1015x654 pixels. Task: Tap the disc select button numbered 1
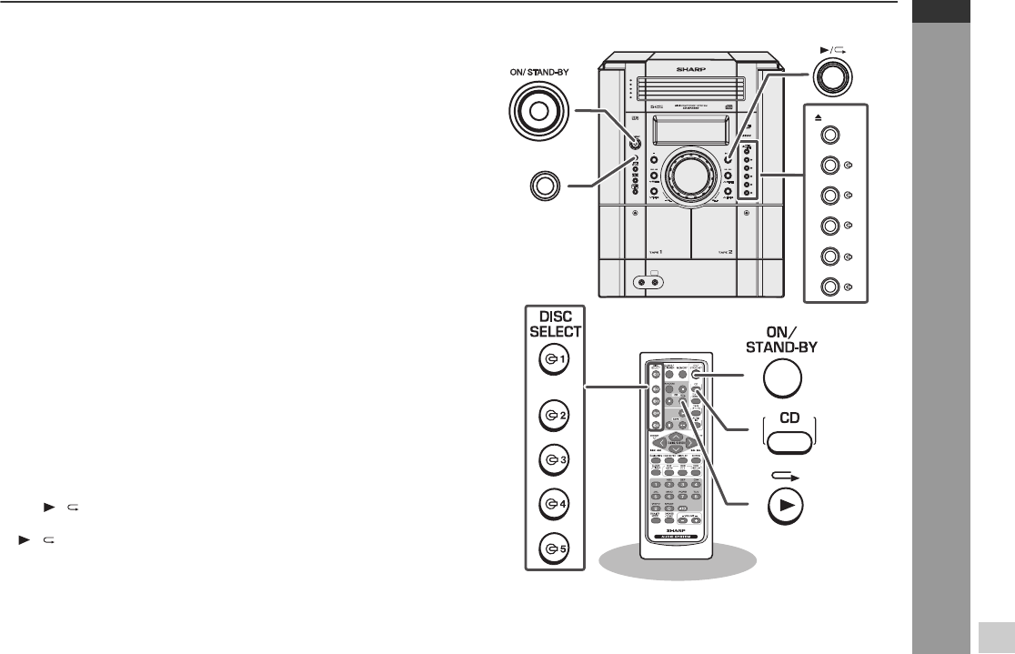point(552,359)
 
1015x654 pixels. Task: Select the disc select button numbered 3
point(552,459)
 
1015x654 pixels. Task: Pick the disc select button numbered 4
point(552,502)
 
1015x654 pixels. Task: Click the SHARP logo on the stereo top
point(688,67)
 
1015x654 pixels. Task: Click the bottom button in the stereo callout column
point(830,288)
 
